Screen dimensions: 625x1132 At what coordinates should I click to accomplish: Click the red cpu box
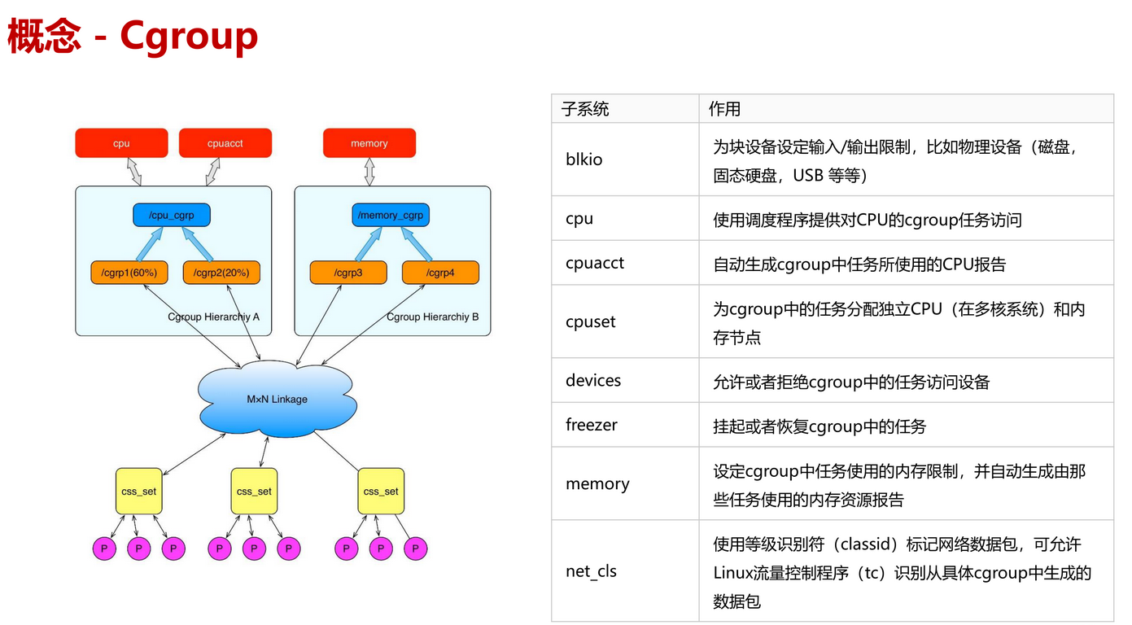[x=121, y=143]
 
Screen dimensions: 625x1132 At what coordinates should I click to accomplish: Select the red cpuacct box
[x=225, y=143]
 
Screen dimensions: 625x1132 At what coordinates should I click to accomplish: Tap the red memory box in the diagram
[x=369, y=143]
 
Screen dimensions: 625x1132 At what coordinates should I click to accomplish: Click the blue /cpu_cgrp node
[x=171, y=215]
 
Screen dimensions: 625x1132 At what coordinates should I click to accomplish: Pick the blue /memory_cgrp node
[x=390, y=215]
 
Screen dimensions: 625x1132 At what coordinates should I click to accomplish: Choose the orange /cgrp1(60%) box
[x=129, y=273]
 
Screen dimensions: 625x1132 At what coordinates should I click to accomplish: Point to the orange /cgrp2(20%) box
[x=221, y=273]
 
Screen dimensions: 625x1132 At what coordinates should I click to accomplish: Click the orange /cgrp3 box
[x=347, y=273]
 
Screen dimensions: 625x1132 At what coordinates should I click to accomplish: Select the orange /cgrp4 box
[x=440, y=273]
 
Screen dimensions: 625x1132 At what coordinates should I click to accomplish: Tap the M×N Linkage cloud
[x=278, y=400]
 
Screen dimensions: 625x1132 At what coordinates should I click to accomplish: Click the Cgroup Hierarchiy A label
[x=213, y=317]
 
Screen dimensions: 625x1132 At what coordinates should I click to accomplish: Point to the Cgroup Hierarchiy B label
[x=432, y=317]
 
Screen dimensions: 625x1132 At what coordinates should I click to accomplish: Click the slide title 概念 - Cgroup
[x=133, y=37]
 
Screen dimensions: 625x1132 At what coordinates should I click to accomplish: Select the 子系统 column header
[x=585, y=109]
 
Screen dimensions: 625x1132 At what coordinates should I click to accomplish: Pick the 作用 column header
[x=724, y=109]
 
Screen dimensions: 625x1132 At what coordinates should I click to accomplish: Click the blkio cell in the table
[x=584, y=160]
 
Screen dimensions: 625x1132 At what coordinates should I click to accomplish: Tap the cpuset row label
[x=591, y=321]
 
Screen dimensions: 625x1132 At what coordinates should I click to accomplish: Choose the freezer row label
[x=592, y=425]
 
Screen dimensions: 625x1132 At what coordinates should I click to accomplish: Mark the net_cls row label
[x=592, y=571]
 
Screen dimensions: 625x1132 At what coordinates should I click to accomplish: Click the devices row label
[x=593, y=380]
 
